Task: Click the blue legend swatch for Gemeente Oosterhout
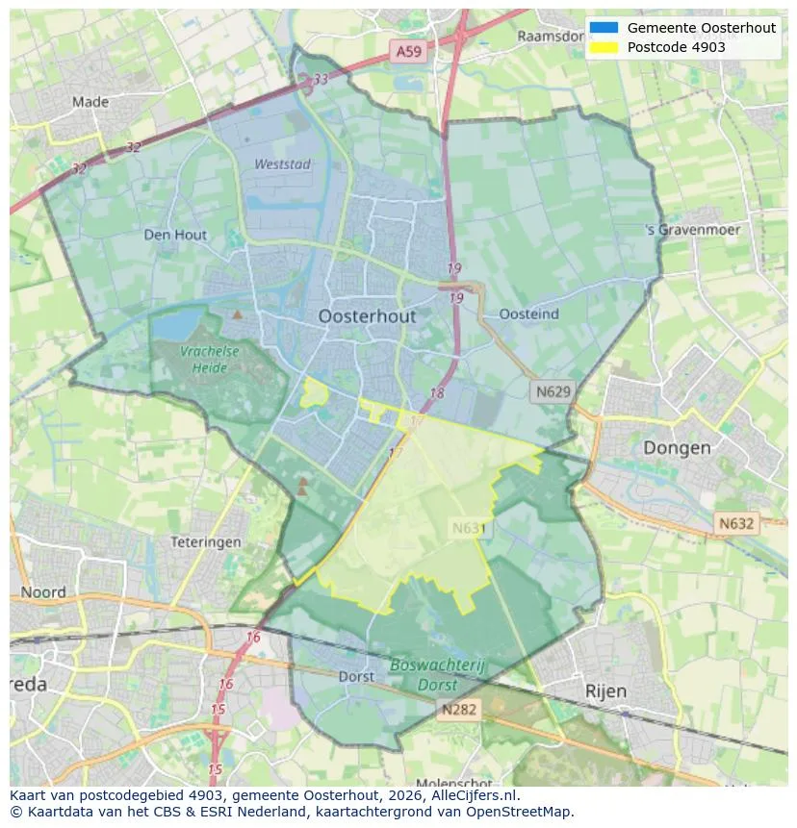(x=604, y=28)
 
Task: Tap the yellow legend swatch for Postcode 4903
(x=604, y=46)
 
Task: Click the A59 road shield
(x=406, y=51)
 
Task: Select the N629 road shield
(x=553, y=391)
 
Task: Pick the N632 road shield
(x=736, y=523)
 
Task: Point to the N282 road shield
(x=458, y=709)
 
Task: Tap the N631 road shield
(x=470, y=528)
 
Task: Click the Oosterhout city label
(x=367, y=316)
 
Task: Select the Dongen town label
(x=677, y=448)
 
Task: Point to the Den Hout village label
(x=175, y=235)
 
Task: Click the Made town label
(x=90, y=101)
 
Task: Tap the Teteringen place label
(x=205, y=542)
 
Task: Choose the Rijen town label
(x=605, y=691)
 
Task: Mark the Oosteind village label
(x=529, y=314)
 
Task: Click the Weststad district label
(x=282, y=164)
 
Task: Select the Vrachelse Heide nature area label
(x=209, y=360)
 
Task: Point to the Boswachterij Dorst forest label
(x=440, y=675)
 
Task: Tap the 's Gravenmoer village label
(x=693, y=231)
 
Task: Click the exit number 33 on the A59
(x=321, y=79)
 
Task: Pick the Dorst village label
(x=356, y=677)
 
